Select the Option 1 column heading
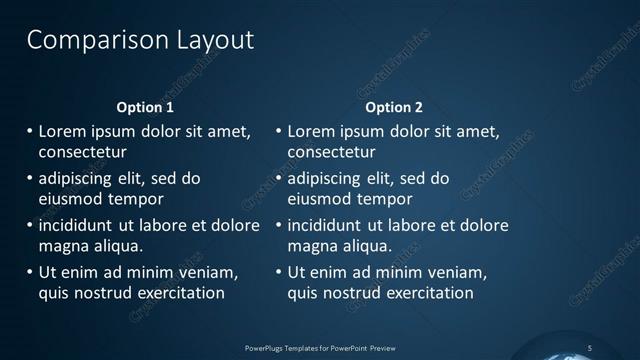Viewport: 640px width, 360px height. pyautogui.click(x=145, y=107)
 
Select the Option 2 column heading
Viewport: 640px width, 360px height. pyautogui.click(x=394, y=107)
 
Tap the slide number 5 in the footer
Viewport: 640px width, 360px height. pyautogui.click(x=590, y=347)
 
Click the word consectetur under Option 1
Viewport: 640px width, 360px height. pyautogui.click(x=82, y=153)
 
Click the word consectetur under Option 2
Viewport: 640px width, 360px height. pyautogui.click(x=331, y=153)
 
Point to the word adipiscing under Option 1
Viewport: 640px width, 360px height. pyautogui.click(x=77, y=179)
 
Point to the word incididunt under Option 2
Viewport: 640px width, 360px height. pyautogui.click(x=327, y=224)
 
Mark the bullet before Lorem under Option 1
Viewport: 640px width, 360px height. pyautogui.click(x=28, y=131)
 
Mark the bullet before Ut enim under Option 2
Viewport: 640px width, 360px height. pyautogui.click(x=277, y=271)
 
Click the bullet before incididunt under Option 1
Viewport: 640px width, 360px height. pyautogui.click(x=28, y=224)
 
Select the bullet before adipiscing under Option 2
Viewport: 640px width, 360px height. pyautogui.click(x=277, y=179)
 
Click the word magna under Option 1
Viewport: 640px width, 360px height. pyautogui.click(x=62, y=245)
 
